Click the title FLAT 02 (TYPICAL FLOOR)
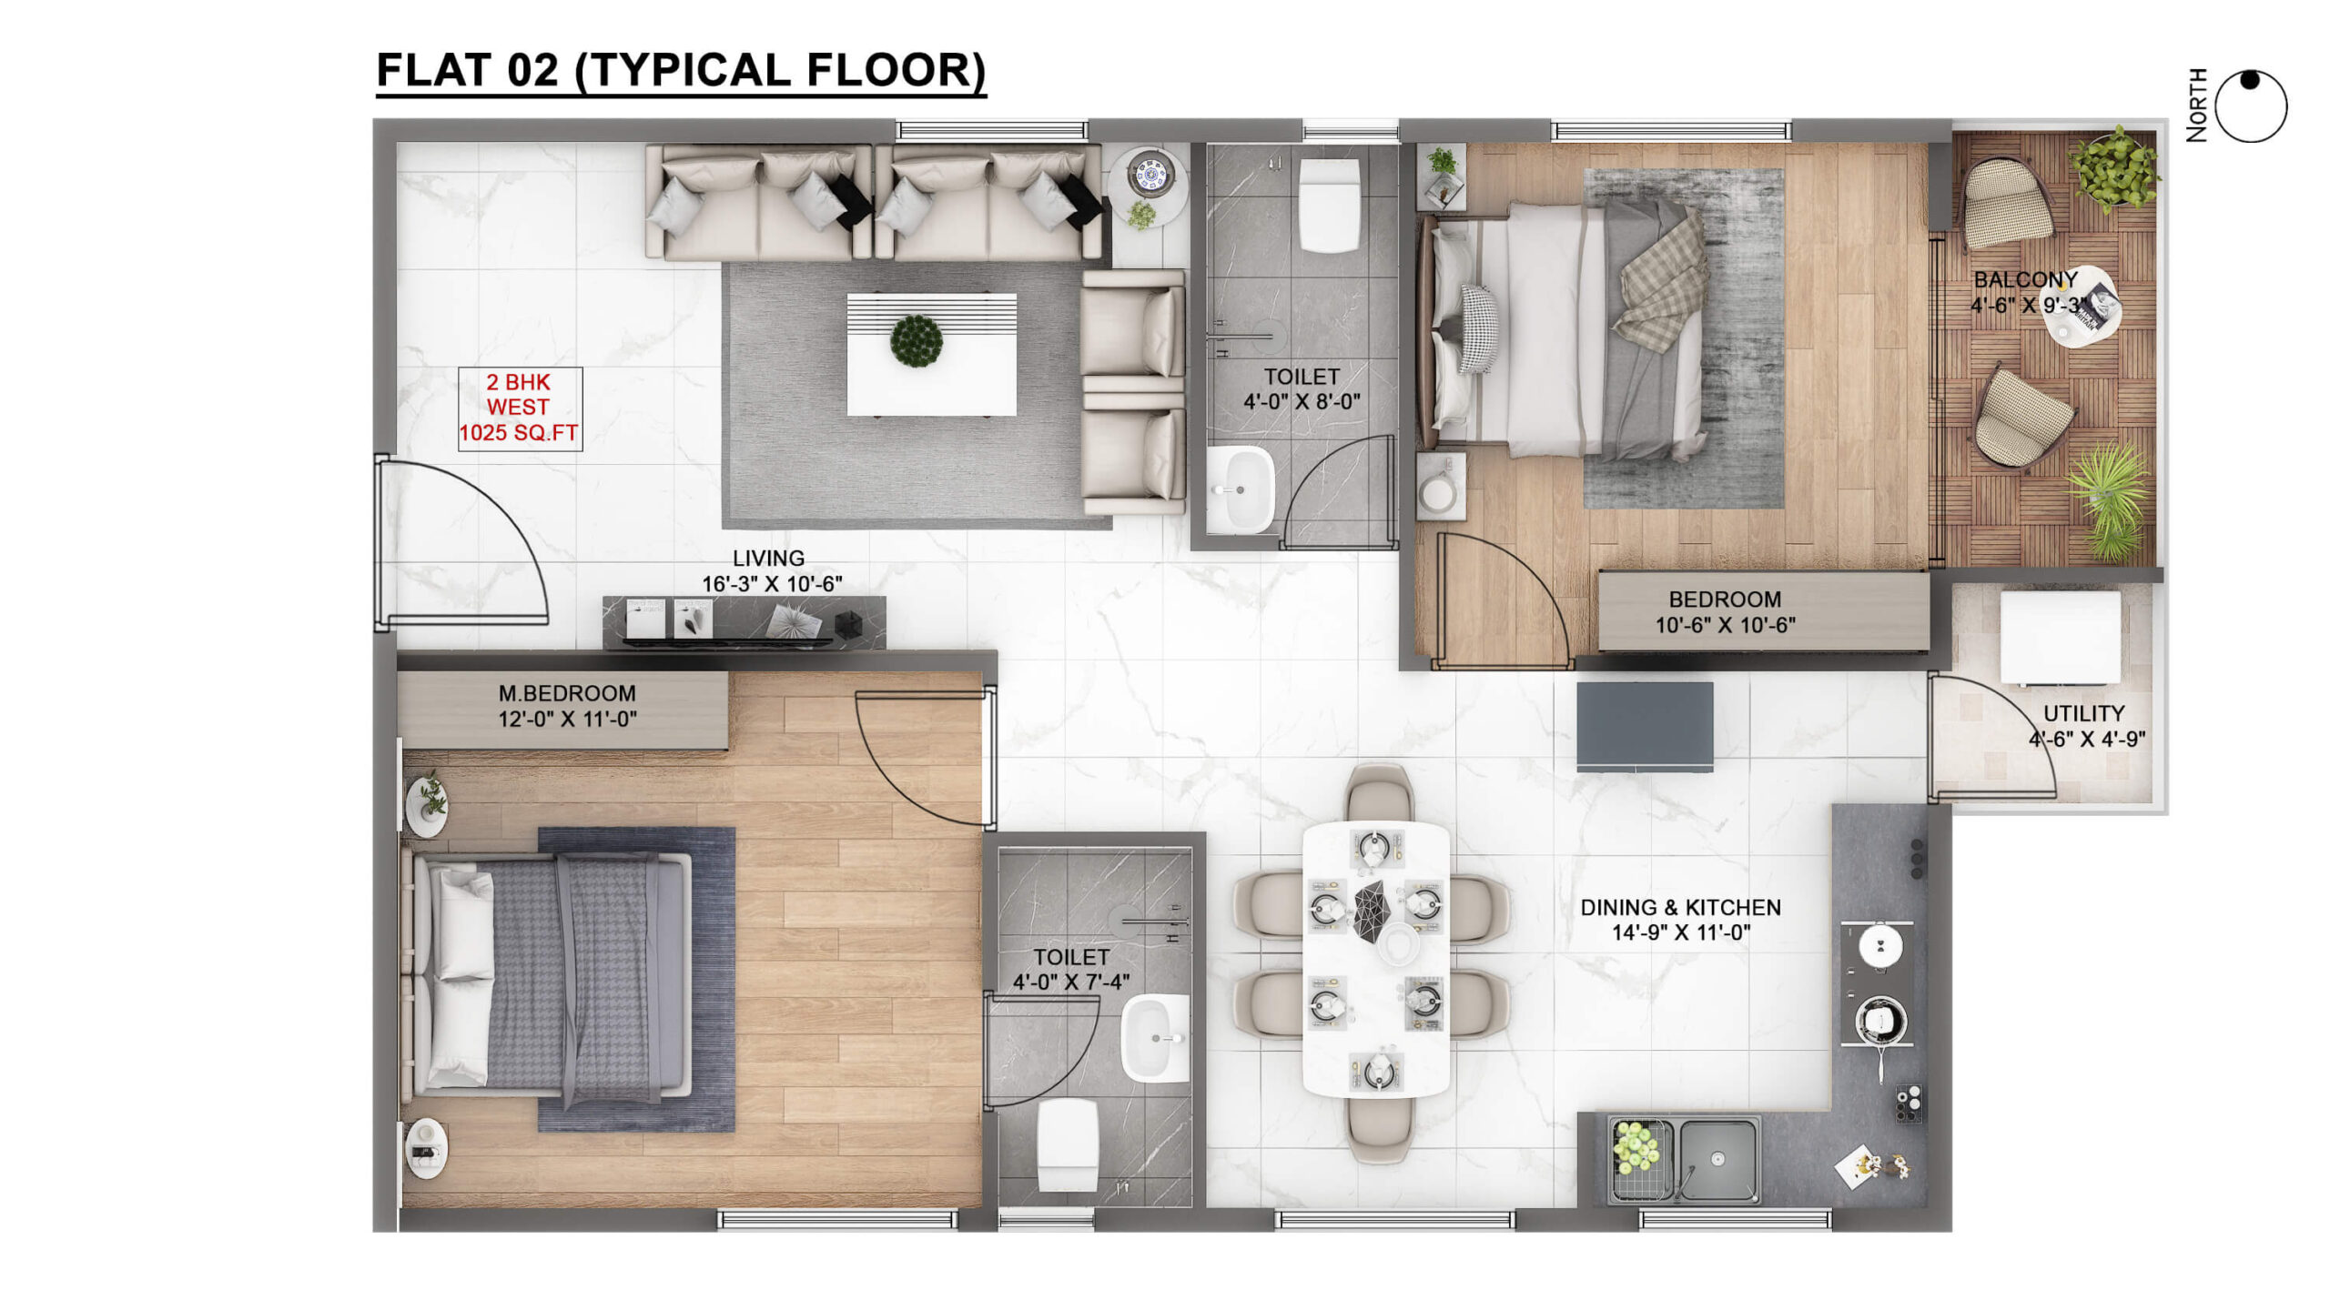(x=681, y=70)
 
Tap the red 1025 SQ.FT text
(x=519, y=433)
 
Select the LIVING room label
(x=769, y=558)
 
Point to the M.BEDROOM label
(x=567, y=693)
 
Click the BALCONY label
(x=2025, y=279)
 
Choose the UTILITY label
(x=2083, y=713)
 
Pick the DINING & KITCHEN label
(x=1680, y=907)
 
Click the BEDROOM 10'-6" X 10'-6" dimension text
(x=1725, y=625)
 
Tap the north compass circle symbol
(x=2251, y=106)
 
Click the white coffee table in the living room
(x=931, y=354)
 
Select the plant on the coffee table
(x=917, y=341)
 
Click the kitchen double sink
(x=1683, y=1160)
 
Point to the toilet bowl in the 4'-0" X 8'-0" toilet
(x=1329, y=205)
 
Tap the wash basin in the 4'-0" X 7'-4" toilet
(x=1155, y=1038)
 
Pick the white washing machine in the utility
(x=2061, y=638)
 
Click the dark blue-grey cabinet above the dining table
(x=1645, y=726)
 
